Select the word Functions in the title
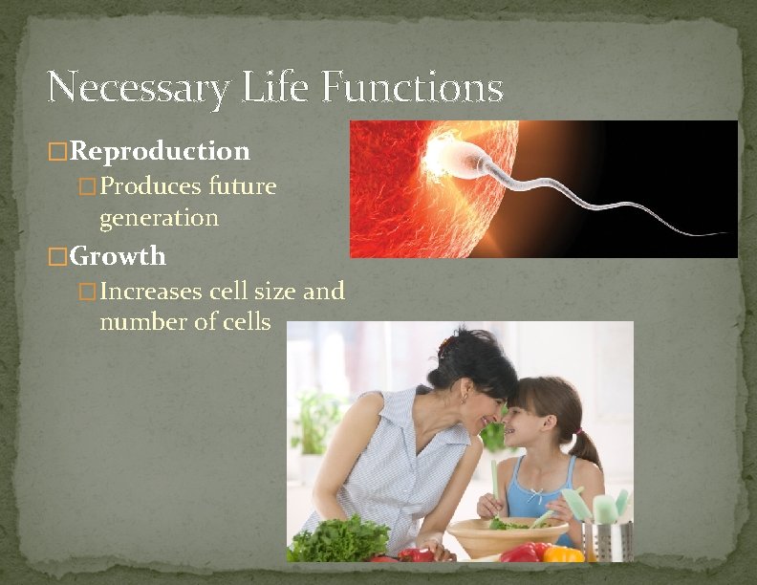click(x=412, y=89)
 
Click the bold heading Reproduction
click(x=160, y=151)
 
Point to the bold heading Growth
click(x=118, y=256)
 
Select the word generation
click(x=159, y=217)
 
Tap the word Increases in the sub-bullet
click(x=157, y=291)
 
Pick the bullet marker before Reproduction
click(x=57, y=152)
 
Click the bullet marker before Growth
click(x=57, y=257)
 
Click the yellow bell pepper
click(x=563, y=553)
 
